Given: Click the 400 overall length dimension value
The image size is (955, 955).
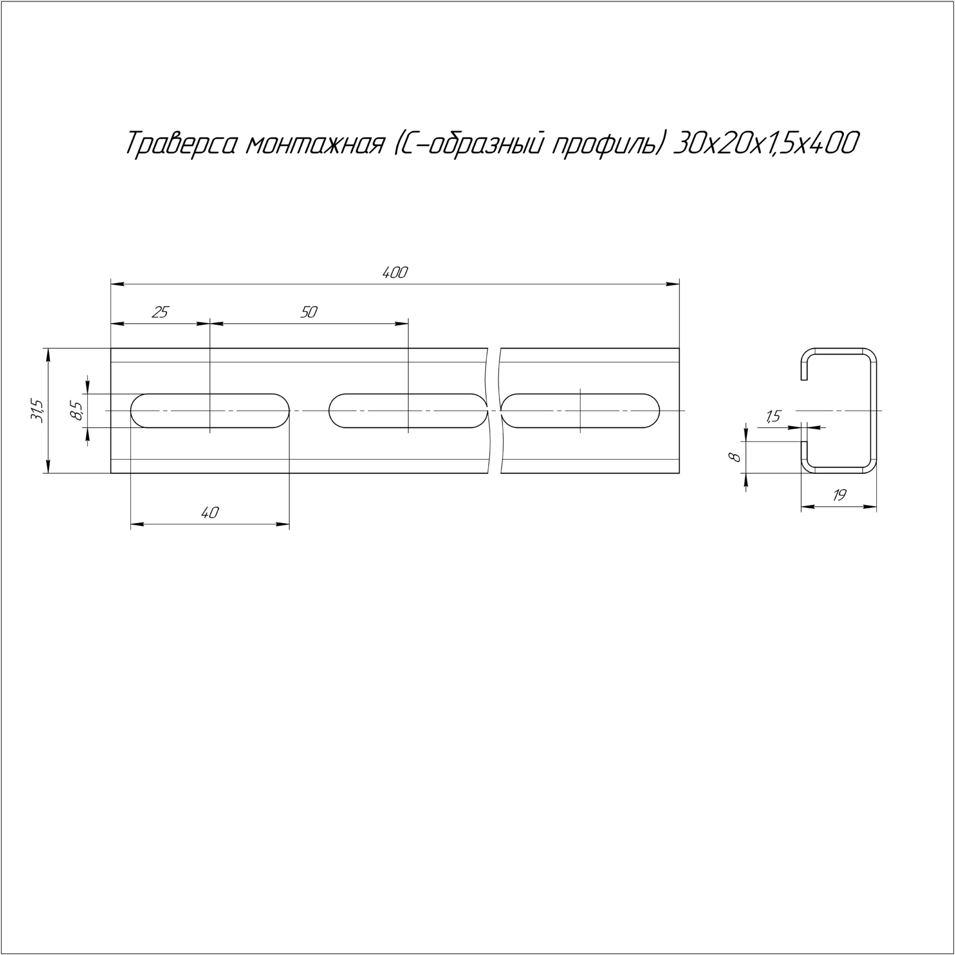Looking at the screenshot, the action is [395, 273].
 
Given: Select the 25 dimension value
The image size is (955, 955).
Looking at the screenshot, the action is [161, 312].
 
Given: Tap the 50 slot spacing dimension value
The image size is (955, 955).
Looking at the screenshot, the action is [309, 312].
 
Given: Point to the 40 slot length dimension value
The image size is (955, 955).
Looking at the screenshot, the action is [210, 512].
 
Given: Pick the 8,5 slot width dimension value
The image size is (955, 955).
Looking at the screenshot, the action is [76, 411].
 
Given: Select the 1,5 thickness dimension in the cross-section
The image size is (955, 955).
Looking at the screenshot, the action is [772, 417].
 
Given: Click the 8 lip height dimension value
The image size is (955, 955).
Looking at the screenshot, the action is [735, 457].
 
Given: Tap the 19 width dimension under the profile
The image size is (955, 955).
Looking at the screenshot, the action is [839, 495].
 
